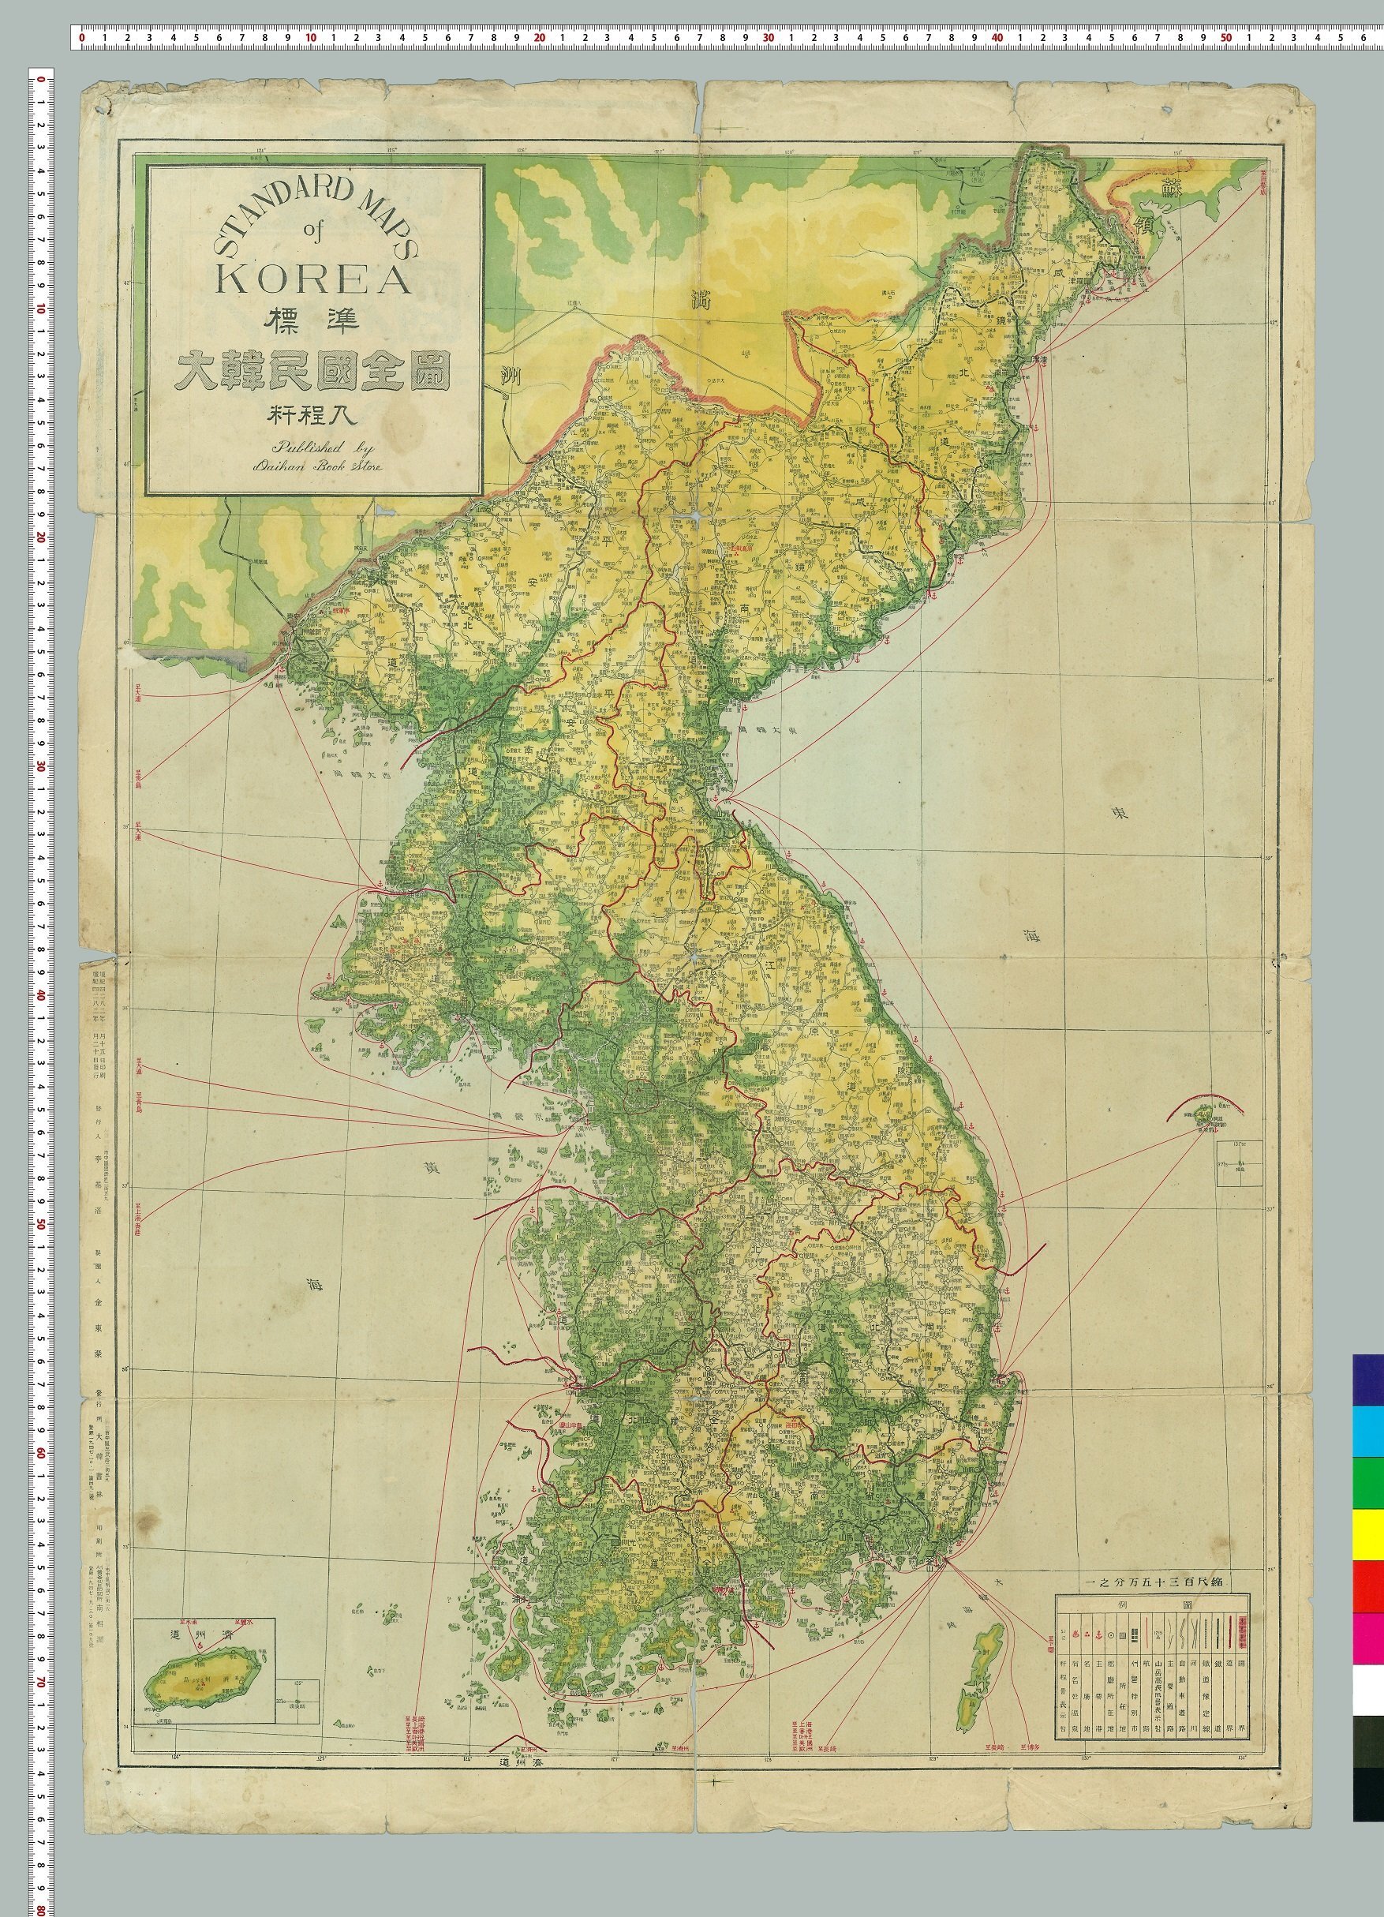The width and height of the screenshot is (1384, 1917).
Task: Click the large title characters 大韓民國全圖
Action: click(x=313, y=369)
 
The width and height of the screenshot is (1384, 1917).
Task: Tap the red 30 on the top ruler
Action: click(x=769, y=38)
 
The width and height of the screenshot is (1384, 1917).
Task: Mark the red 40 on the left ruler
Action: click(x=39, y=993)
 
